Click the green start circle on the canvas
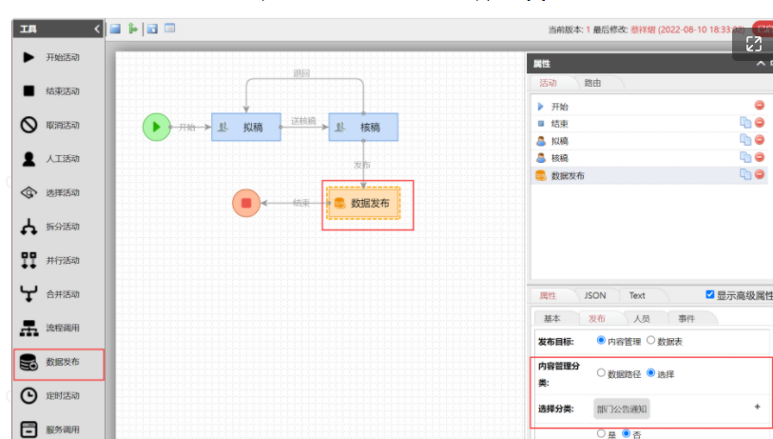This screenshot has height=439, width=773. click(156, 127)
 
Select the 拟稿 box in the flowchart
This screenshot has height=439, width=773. click(245, 127)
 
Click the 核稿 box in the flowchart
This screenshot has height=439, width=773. click(363, 127)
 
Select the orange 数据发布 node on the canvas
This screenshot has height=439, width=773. click(363, 203)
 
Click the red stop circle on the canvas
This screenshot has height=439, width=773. click(246, 203)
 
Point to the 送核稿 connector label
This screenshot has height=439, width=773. click(303, 121)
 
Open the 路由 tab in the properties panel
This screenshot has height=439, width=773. click(592, 83)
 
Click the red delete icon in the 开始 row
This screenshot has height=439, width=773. click(760, 106)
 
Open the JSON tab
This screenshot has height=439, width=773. click(594, 295)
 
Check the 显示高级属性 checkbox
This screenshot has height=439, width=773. click(710, 295)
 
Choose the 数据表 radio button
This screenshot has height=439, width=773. click(650, 340)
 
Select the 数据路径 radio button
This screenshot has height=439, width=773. click(601, 373)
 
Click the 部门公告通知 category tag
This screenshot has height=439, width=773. click(622, 409)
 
